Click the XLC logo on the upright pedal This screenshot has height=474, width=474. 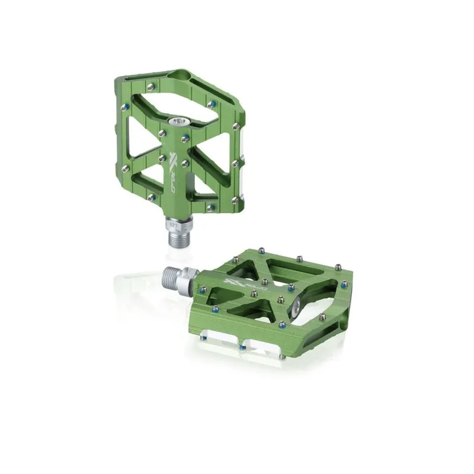(x=173, y=161)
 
